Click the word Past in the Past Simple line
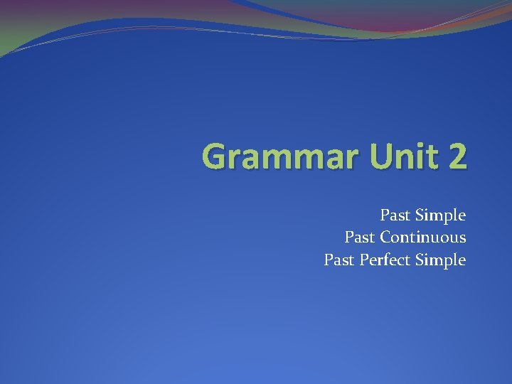(x=395, y=215)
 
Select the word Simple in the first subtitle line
(x=440, y=215)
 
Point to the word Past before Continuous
(x=359, y=238)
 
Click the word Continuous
(x=423, y=238)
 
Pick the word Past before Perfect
(x=338, y=260)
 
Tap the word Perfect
(x=385, y=260)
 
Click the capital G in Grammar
(x=214, y=156)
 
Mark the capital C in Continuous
(x=385, y=238)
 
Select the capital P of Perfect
(x=363, y=260)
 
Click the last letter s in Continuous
(x=462, y=239)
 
